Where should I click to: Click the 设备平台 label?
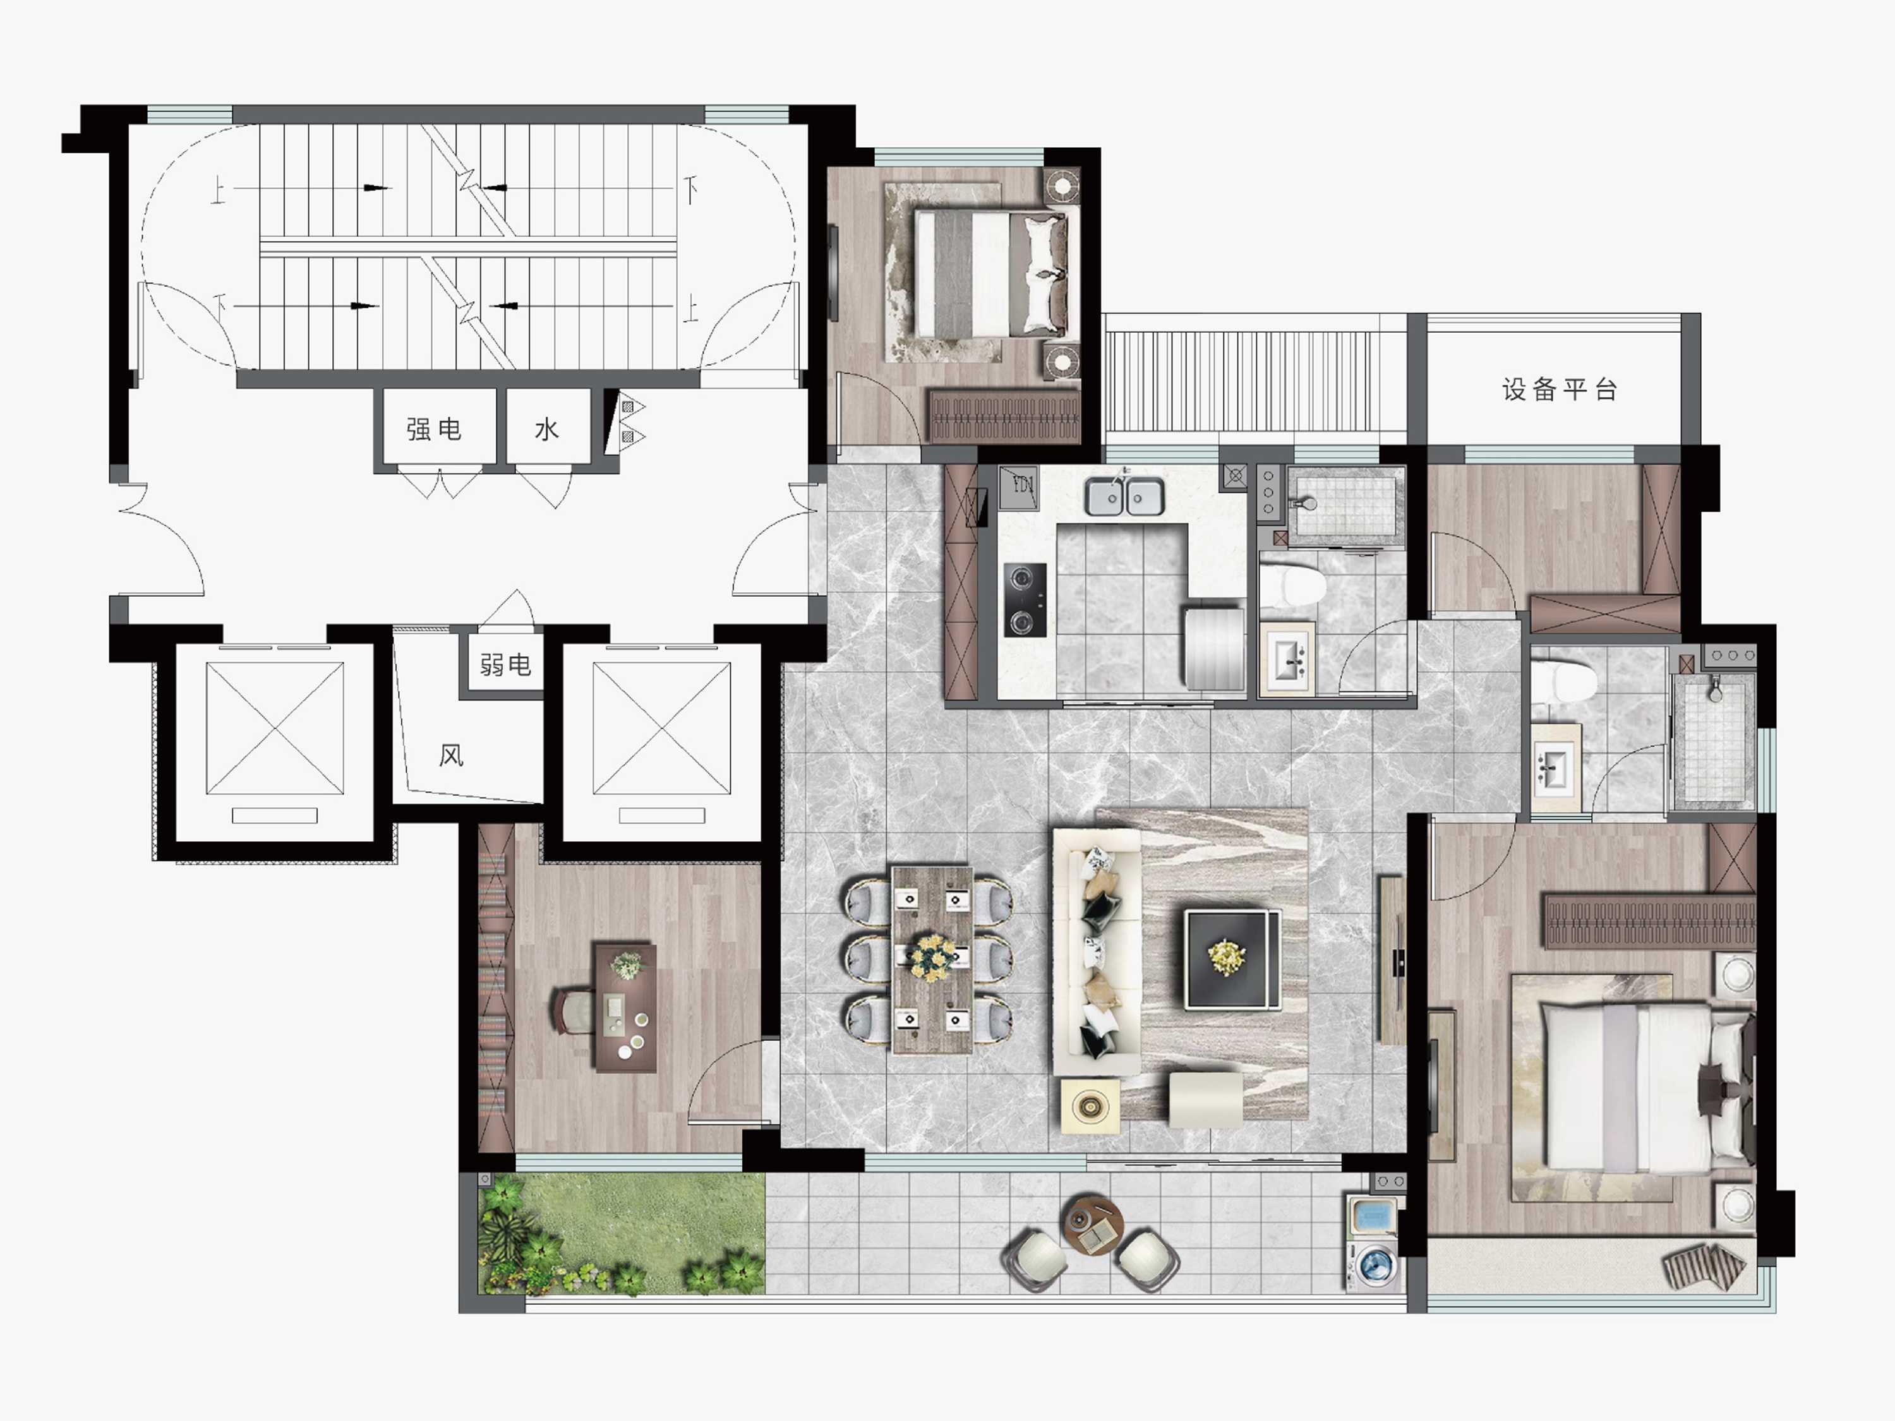1559,390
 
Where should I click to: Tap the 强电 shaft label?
435,429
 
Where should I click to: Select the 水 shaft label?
546,429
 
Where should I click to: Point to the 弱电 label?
505,664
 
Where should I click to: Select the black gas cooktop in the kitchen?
1025,599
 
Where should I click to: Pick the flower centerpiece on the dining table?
932,957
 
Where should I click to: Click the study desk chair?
574,1010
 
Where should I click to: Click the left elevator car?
274,728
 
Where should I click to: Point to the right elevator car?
661,728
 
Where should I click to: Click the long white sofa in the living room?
1097,950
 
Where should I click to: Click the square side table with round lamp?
1090,1106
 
